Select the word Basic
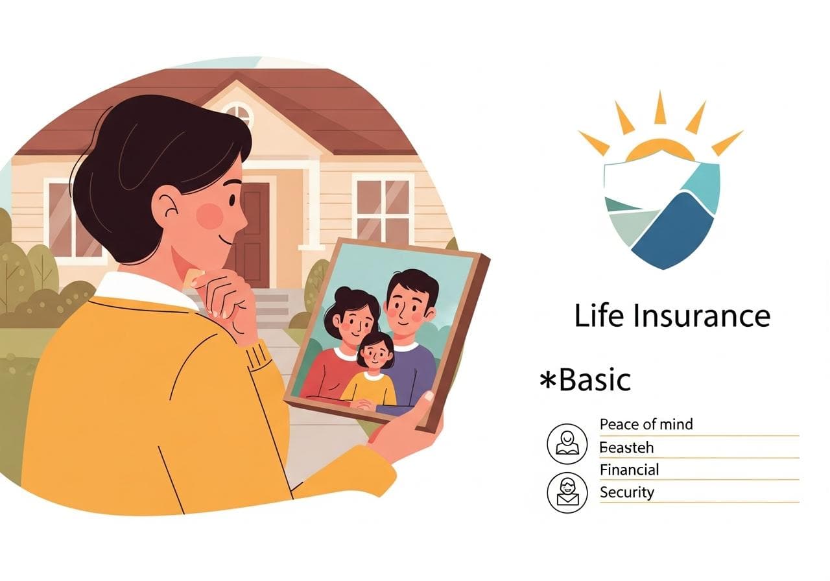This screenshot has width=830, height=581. [595, 380]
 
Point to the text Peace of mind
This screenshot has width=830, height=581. [646, 424]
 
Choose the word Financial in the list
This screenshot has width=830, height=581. [629, 469]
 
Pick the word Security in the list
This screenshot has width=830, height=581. [626, 492]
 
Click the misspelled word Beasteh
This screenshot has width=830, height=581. [626, 447]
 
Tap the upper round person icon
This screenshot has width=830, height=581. [567, 444]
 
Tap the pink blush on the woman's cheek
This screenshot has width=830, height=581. [209, 216]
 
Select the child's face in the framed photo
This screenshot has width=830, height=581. [376, 353]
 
